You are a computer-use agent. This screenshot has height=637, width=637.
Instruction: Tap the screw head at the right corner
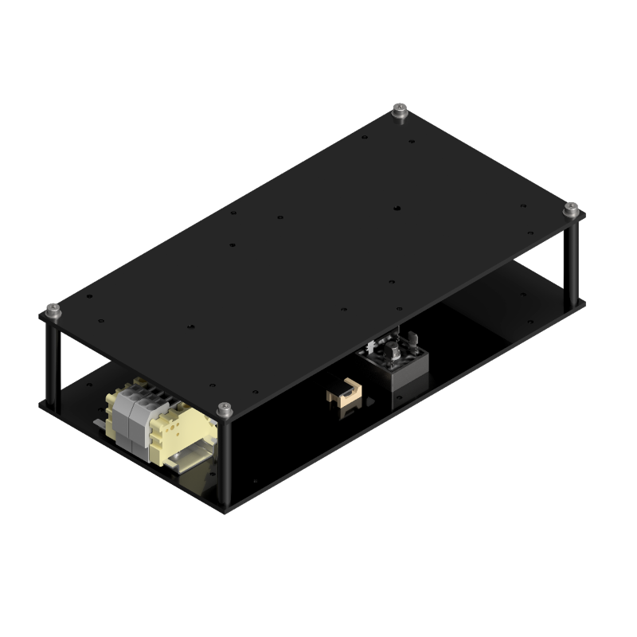pyautogui.click(x=570, y=208)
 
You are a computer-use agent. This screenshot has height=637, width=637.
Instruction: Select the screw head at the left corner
pyautogui.click(x=53, y=309)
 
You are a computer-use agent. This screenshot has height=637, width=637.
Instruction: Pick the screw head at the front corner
pyautogui.click(x=225, y=409)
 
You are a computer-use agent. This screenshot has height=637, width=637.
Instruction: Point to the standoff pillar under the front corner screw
pyautogui.click(x=226, y=462)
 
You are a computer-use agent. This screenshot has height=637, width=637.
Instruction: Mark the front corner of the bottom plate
pyautogui.click(x=226, y=512)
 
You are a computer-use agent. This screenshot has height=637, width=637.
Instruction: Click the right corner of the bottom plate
pyautogui.click(x=585, y=302)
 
